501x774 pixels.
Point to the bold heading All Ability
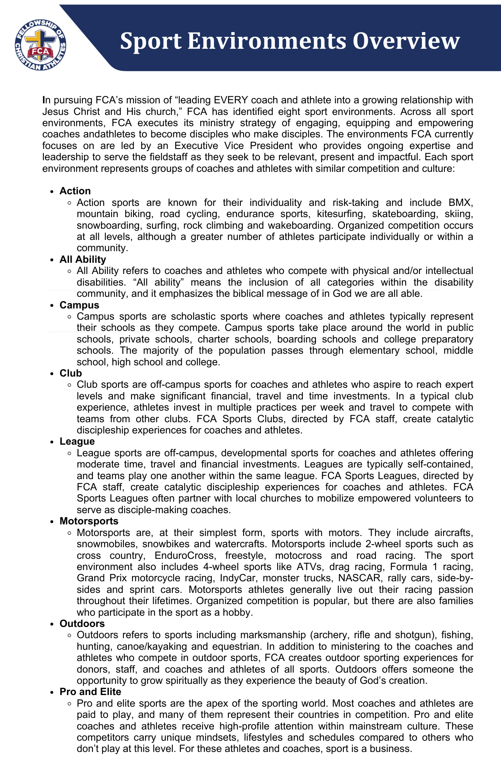[x=83, y=259]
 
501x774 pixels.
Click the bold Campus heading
[x=79, y=305]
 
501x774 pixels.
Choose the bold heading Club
[x=71, y=373]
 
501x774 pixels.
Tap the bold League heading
[x=77, y=441]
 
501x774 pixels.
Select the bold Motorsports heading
[x=89, y=521]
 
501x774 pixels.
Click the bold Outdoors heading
[x=82, y=623]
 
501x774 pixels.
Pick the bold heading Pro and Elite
[x=90, y=692]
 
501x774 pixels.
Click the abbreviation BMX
[x=460, y=202]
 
